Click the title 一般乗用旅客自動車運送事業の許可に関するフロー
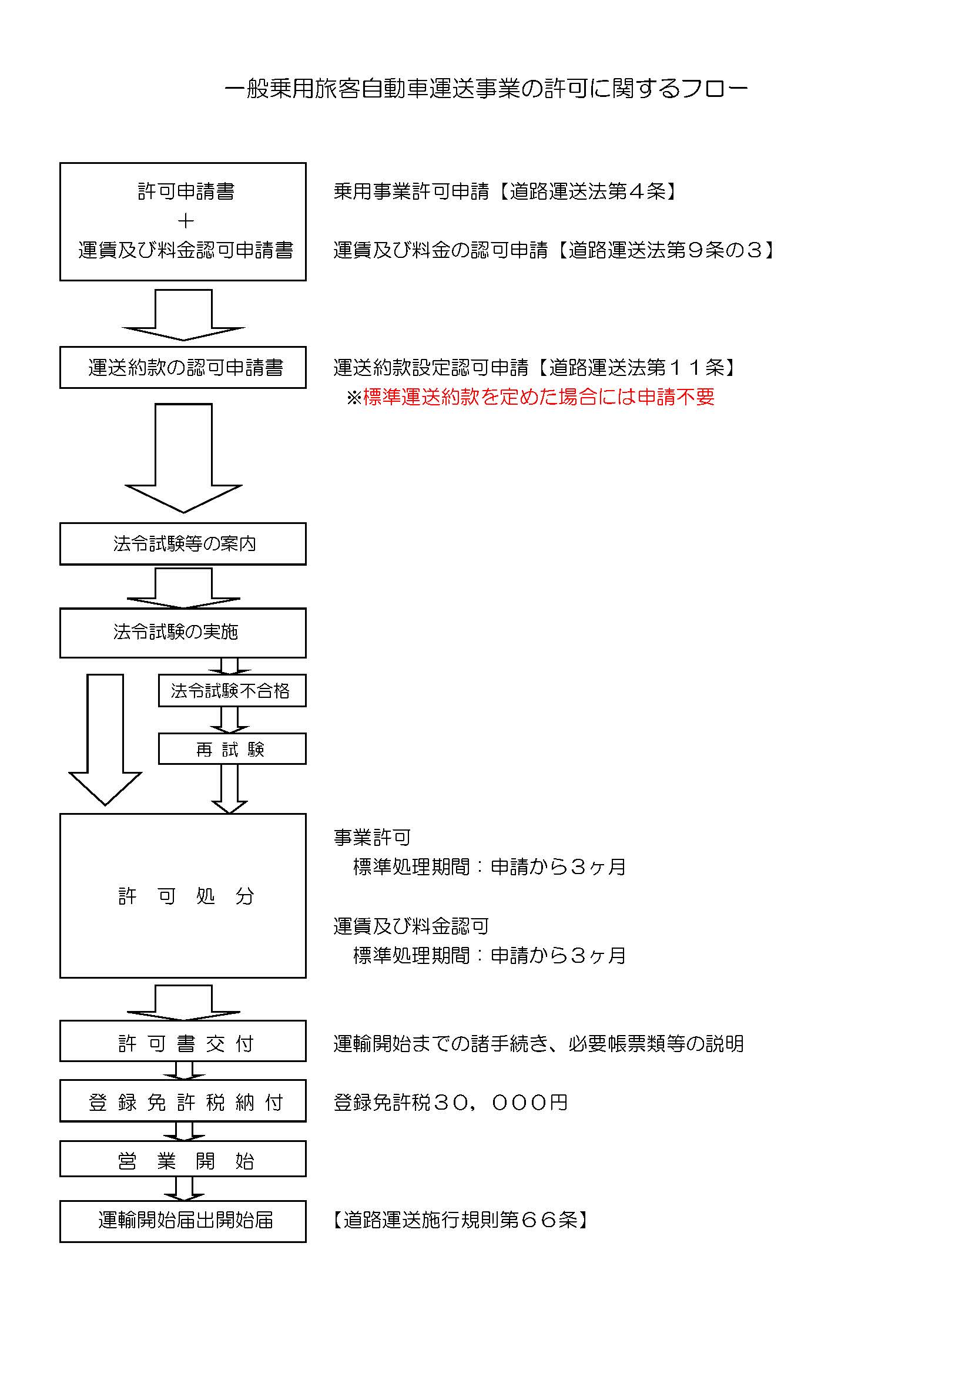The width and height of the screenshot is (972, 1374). pyautogui.click(x=485, y=89)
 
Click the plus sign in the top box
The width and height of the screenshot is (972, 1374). pyautogui.click(x=186, y=221)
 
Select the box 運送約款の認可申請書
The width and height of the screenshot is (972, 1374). pyautogui.click(x=183, y=367)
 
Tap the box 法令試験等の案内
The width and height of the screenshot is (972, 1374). pyautogui.click(x=183, y=543)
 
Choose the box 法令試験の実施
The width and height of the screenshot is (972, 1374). pyautogui.click(x=183, y=633)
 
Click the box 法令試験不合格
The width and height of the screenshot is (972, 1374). pyautogui.click(x=232, y=691)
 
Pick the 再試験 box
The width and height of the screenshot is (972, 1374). pyautogui.click(x=232, y=748)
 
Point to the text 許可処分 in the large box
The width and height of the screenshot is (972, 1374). pyautogui.click(x=186, y=896)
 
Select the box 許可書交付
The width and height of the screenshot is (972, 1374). pyautogui.click(x=183, y=1044)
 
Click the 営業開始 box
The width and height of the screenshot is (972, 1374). pyautogui.click(x=183, y=1161)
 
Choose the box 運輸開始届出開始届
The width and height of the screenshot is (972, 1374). pyautogui.click(x=183, y=1220)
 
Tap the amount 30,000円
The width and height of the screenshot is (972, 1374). pyautogui.click(x=500, y=1102)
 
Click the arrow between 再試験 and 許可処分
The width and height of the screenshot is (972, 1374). pyautogui.click(x=230, y=789)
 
